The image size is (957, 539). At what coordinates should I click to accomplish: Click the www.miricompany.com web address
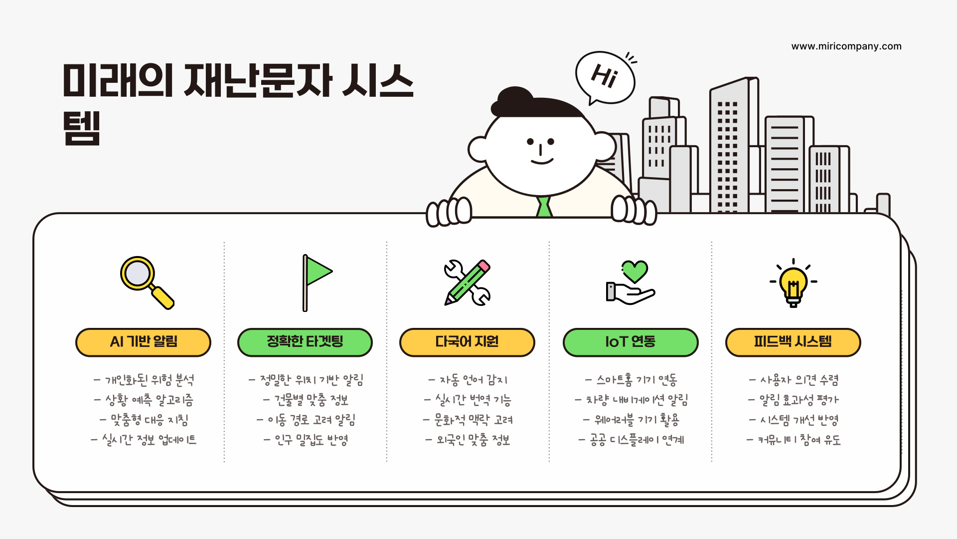pyautogui.click(x=846, y=46)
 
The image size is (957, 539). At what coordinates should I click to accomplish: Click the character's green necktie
pyautogui.click(x=544, y=207)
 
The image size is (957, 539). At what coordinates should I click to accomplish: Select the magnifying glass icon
pyautogui.click(x=147, y=282)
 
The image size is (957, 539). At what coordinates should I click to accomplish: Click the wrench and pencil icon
pyautogui.click(x=467, y=282)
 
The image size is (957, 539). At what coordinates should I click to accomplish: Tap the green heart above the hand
pyautogui.click(x=635, y=270)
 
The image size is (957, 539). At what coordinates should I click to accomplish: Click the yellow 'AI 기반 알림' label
pyautogui.click(x=143, y=342)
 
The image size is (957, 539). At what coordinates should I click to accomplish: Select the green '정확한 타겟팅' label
pyautogui.click(x=305, y=342)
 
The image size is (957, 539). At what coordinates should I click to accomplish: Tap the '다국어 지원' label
pyautogui.click(x=467, y=342)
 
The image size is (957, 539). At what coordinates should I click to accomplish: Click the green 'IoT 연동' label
pyautogui.click(x=630, y=342)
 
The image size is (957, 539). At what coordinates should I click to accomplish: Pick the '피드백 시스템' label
pyautogui.click(x=793, y=342)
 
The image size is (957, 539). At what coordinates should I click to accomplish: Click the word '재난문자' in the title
pyautogui.click(x=258, y=81)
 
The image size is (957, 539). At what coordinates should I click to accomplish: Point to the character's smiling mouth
pyautogui.click(x=542, y=161)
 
